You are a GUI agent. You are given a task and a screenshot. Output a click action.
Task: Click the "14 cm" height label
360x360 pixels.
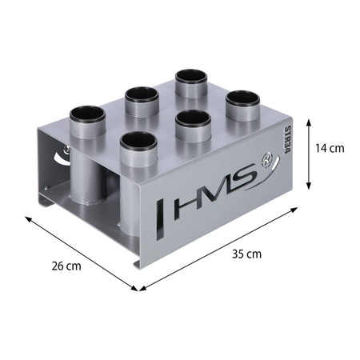pos(330,148)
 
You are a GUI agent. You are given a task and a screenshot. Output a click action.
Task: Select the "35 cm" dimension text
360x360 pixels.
pos(246,254)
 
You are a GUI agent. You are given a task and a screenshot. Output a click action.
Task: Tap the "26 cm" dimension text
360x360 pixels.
pos(66,266)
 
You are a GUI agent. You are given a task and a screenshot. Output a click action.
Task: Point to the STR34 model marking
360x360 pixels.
pos(287,140)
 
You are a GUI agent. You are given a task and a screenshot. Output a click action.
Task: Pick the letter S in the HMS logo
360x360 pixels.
pos(241,177)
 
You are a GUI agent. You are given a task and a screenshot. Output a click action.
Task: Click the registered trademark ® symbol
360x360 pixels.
pos(265,161)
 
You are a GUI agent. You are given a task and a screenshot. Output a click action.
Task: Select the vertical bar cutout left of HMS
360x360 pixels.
pos(160,220)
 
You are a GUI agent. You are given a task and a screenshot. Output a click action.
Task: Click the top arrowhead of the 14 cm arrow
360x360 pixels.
pos(309,122)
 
